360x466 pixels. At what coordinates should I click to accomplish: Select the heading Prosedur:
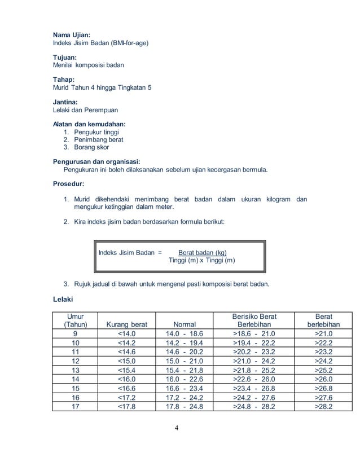tap(68, 184)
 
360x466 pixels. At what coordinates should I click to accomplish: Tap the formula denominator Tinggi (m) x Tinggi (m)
tap(203, 261)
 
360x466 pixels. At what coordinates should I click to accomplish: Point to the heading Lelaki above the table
tap(64, 300)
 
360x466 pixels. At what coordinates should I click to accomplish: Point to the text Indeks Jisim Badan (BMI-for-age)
tap(102, 43)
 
